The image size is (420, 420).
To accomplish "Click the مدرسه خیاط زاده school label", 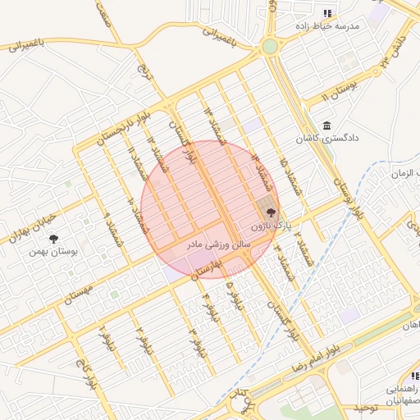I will pos(332,26).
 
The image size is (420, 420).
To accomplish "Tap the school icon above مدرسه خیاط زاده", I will pos(327,13).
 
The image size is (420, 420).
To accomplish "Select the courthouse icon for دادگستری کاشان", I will pos(327,126).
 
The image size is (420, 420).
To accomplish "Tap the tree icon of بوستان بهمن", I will pos(53,239).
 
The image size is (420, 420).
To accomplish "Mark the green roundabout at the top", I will pos(270,47).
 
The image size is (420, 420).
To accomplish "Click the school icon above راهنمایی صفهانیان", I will pos(413,376).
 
